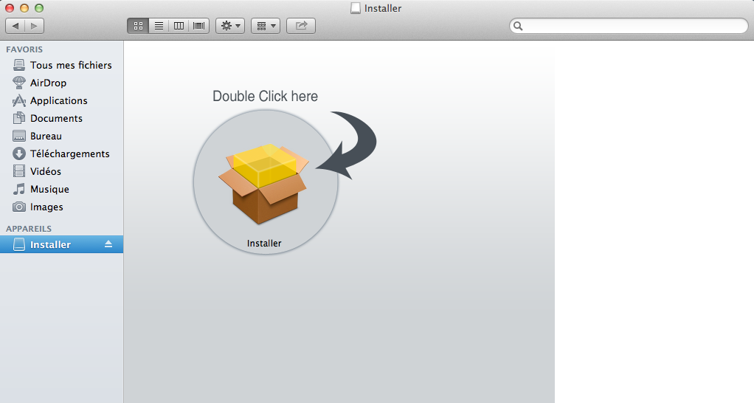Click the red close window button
tap(9, 8)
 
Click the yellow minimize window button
tap(24, 8)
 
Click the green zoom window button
tap(39, 8)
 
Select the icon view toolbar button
tap(138, 26)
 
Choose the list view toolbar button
tap(159, 26)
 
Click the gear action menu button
tap(230, 26)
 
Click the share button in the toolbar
tap(301, 26)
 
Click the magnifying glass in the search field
tap(518, 26)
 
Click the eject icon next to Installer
tap(108, 244)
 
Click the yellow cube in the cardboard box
tap(265, 165)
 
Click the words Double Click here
tap(265, 96)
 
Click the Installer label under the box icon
tap(264, 244)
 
